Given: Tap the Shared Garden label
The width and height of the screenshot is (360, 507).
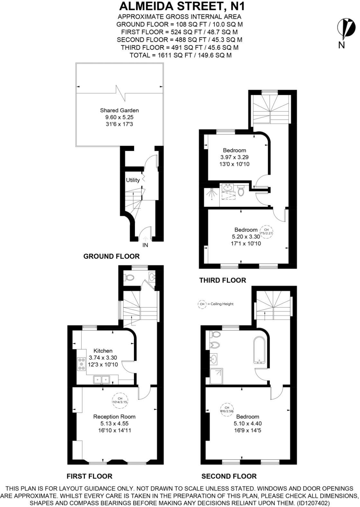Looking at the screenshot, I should point(119,110).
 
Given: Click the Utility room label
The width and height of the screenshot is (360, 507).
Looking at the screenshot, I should point(133,180).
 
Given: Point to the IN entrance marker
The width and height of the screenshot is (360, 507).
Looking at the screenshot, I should point(145,245).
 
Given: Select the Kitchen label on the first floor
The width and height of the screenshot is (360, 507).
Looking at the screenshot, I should point(103,351).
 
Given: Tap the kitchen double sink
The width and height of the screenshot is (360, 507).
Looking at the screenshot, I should point(102,380).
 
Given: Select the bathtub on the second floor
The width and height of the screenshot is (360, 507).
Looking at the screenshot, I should point(259,350).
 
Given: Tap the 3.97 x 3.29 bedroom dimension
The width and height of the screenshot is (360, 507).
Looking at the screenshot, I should point(234,157).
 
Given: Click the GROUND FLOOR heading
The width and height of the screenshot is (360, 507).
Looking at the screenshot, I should point(111,256).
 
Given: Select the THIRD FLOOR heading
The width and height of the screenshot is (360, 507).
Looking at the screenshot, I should point(222,280).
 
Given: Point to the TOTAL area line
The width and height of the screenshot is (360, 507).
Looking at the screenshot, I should point(180,55).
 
